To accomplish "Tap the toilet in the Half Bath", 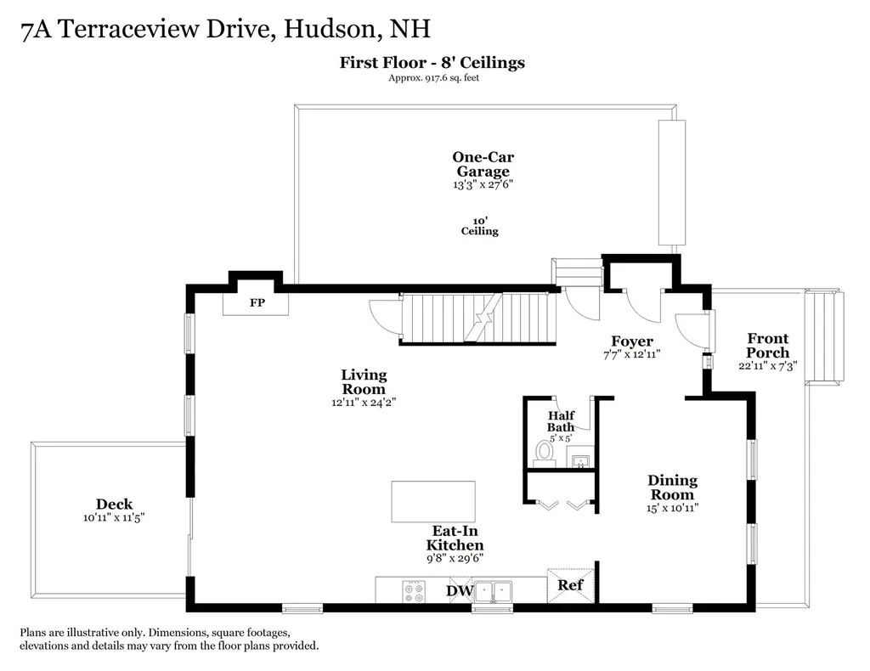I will pos(544,451).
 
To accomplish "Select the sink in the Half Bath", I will pos(580,461).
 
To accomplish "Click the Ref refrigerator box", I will pos(570,585).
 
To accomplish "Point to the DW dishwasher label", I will pos(460,590).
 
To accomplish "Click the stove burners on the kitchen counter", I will pos(414,591).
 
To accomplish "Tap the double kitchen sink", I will pos(493,591).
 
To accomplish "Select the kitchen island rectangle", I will pos(432,501).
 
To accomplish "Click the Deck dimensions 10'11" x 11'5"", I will pos(114,517).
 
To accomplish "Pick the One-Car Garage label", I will pos(483,164).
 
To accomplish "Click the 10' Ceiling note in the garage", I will pos(480,225).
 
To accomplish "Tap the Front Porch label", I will pos(767,345).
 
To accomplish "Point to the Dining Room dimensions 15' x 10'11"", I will pos(672,508).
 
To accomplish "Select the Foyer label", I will pos(632,341).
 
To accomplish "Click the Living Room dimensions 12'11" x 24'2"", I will pos(364,403).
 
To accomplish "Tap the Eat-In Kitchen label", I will pos(455,538).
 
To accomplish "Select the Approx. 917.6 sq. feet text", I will pos(432,78).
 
